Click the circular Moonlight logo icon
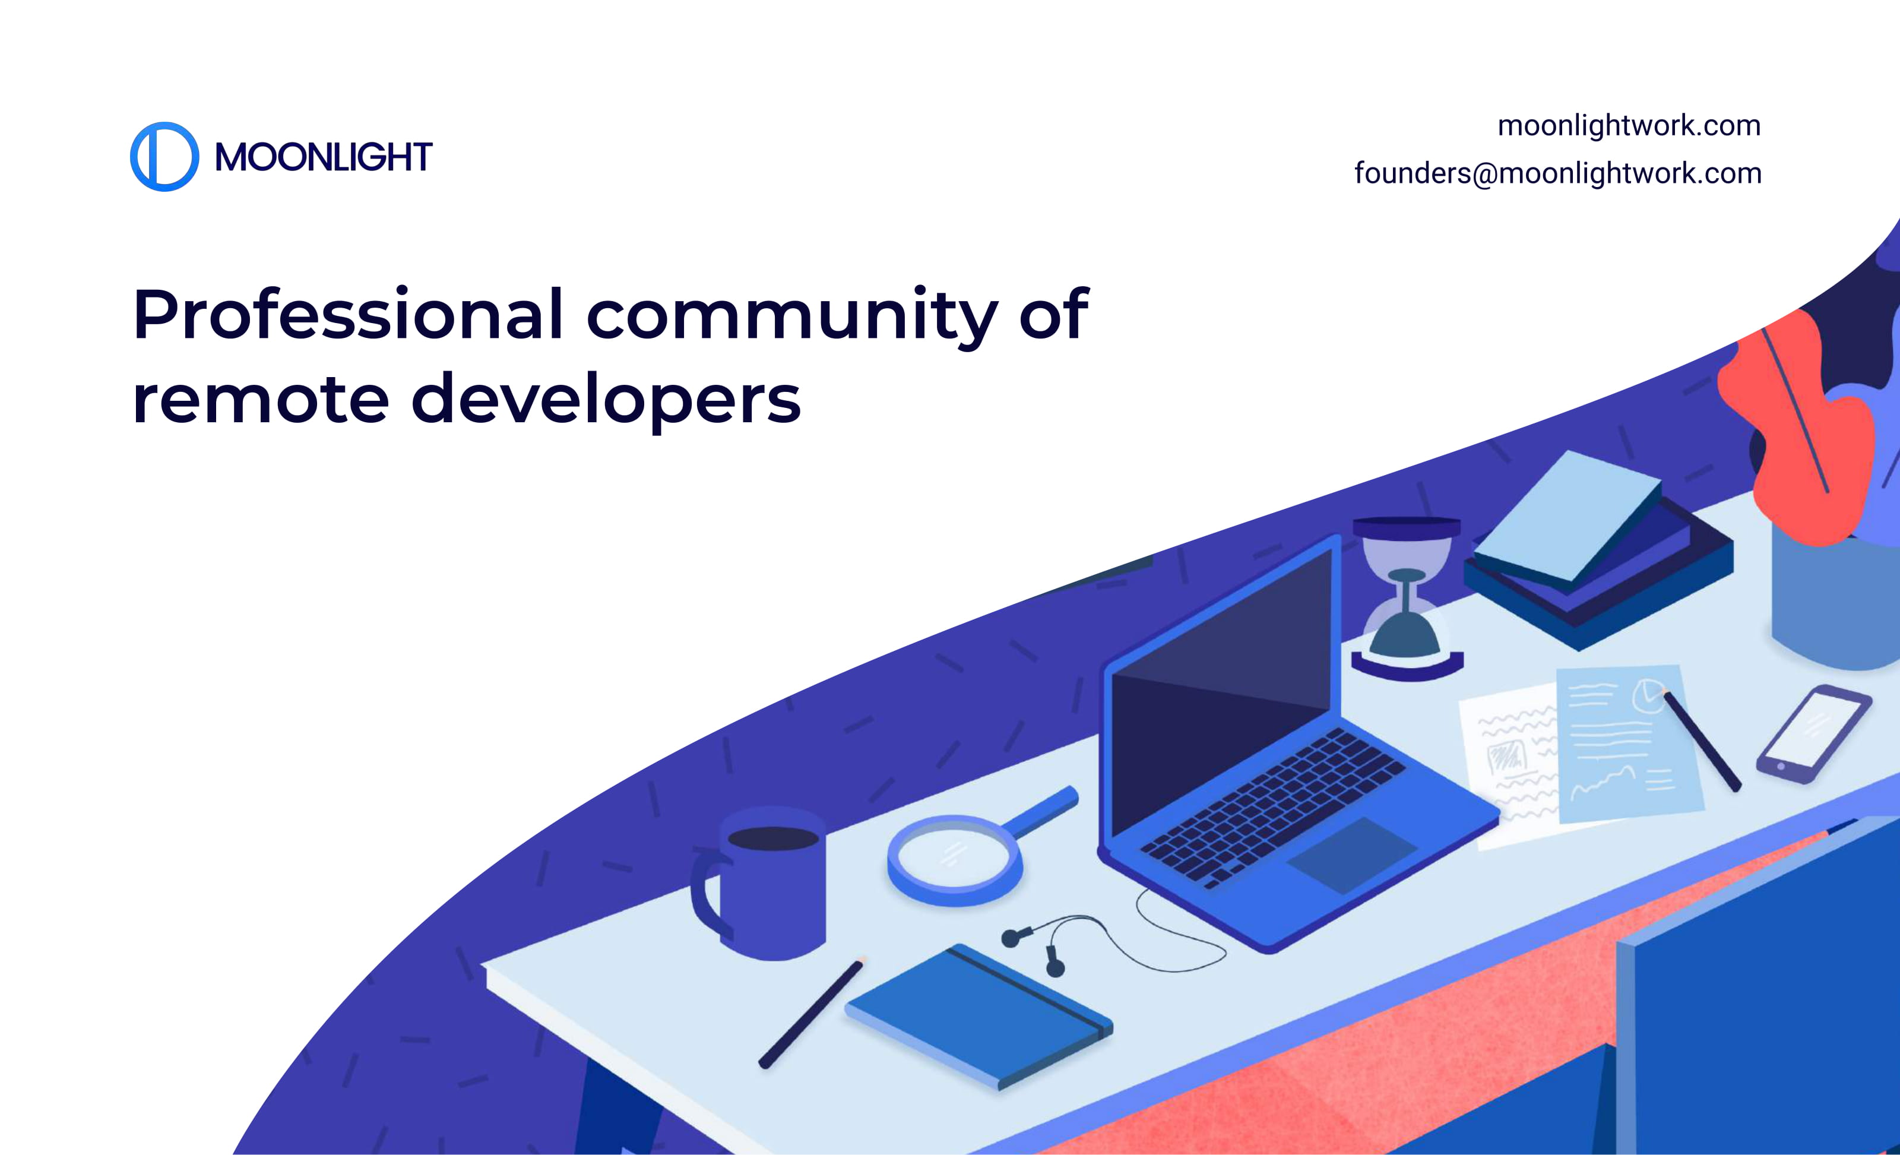164,157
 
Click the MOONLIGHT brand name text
323,157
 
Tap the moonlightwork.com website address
1629,126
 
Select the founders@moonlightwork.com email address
1557,173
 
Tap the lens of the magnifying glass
954,857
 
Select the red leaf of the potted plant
1797,432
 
